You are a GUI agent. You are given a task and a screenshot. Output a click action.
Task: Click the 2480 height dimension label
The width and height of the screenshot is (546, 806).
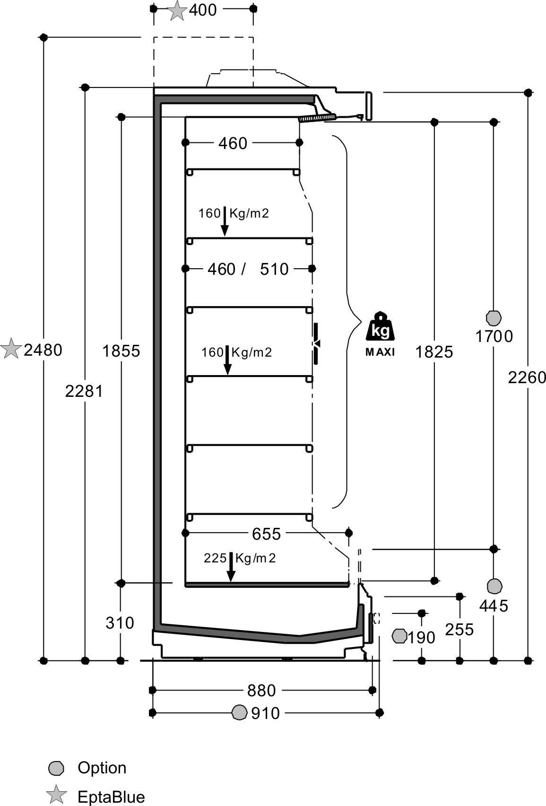tap(43, 350)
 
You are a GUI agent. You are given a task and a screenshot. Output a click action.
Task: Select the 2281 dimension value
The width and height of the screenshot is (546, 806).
tap(84, 391)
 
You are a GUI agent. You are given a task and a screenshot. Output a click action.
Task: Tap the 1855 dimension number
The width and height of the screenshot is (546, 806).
tap(121, 351)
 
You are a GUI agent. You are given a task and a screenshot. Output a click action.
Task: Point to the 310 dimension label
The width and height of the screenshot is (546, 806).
tap(120, 622)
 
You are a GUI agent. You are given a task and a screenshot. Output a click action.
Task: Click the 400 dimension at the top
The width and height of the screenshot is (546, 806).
tap(203, 10)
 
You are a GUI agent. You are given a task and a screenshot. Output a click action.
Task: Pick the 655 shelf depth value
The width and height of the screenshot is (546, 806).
tap(266, 534)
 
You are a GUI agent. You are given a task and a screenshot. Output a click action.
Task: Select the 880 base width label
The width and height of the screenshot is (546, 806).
tap(261, 691)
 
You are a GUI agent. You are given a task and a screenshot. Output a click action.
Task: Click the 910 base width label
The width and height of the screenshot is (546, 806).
tap(266, 713)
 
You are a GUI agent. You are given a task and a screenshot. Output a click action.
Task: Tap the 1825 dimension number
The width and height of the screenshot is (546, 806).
tap(434, 352)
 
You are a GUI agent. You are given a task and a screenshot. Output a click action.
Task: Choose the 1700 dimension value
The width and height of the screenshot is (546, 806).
tap(494, 336)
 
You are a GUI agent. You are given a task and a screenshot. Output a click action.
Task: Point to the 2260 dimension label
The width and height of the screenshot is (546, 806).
tap(527, 377)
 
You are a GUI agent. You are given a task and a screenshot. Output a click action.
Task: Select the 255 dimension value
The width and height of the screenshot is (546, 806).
tap(459, 630)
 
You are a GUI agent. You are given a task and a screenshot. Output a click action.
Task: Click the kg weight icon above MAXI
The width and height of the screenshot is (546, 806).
tap(380, 326)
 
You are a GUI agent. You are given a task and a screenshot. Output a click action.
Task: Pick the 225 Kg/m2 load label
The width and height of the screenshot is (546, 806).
tap(240, 558)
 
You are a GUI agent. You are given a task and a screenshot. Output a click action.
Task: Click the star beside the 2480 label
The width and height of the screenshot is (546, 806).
tap(11, 348)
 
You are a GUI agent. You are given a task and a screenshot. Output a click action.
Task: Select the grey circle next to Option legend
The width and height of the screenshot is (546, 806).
tap(56, 768)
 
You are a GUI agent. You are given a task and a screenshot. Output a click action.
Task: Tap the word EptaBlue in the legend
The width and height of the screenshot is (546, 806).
tap(111, 797)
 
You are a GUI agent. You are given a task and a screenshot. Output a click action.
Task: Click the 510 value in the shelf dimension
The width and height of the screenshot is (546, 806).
tap(275, 269)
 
